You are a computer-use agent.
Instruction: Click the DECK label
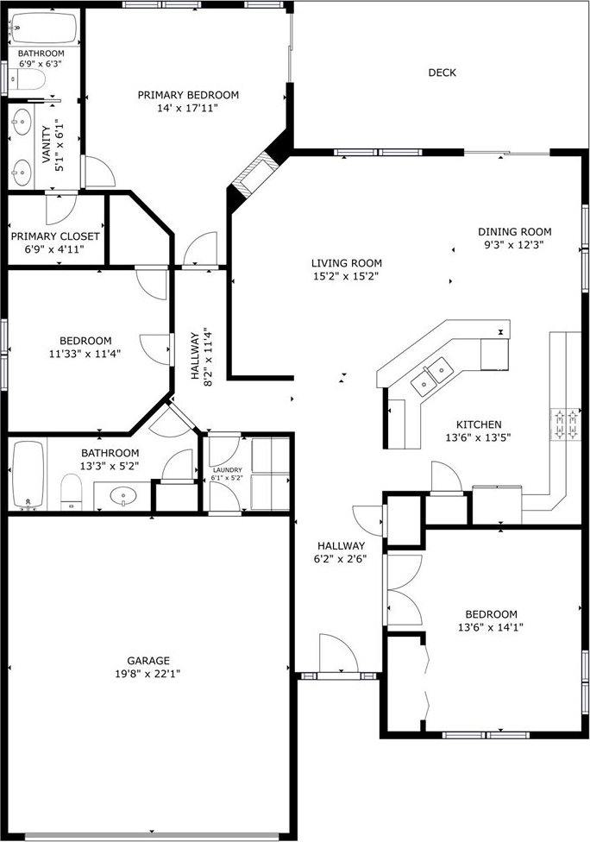442,72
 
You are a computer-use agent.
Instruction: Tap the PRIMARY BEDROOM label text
188,95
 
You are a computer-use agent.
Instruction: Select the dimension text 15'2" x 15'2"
346,276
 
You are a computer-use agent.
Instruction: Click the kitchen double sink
433,374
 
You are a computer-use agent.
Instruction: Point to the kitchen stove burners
564,423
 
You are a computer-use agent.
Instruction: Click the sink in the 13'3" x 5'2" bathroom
125,497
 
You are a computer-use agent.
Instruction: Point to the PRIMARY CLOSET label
54,236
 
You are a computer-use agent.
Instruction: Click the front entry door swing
338,653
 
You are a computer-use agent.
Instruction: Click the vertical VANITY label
47,148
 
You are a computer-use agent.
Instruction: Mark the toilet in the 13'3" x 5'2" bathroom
71,495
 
